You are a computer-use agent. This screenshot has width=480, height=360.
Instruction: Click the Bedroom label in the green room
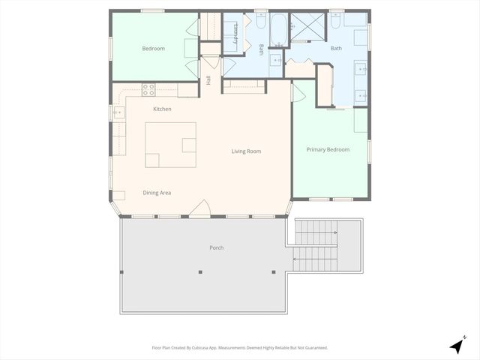[x=153, y=49]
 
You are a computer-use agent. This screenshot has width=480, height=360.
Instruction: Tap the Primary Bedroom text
[x=328, y=150]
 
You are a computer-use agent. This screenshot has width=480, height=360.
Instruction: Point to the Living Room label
[x=246, y=151]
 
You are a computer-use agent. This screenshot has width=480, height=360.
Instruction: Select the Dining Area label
[x=157, y=193]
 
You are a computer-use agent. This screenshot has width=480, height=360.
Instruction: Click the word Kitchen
[x=162, y=109]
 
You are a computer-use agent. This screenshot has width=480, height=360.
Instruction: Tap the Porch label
[x=217, y=247]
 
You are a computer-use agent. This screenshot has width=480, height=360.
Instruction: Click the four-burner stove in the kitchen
[x=148, y=89]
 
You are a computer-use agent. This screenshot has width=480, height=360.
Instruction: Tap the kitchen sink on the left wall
[x=118, y=113]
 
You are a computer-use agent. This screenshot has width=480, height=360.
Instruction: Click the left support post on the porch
[x=200, y=271]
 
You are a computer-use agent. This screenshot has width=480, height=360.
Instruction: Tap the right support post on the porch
[x=274, y=271]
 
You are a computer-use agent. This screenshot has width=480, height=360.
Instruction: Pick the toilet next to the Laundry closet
[x=260, y=22]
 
